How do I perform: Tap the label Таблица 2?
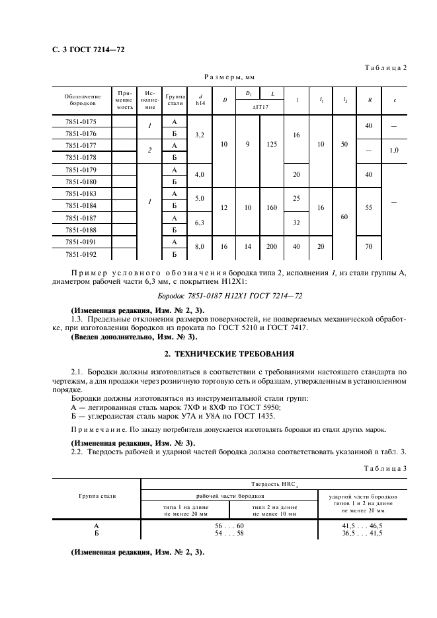point(386,67)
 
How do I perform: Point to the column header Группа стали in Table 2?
point(175,100)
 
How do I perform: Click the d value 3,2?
point(200,134)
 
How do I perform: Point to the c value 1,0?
point(395,151)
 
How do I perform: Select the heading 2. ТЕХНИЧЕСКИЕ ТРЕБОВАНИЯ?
point(219,354)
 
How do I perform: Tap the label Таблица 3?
point(386,468)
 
